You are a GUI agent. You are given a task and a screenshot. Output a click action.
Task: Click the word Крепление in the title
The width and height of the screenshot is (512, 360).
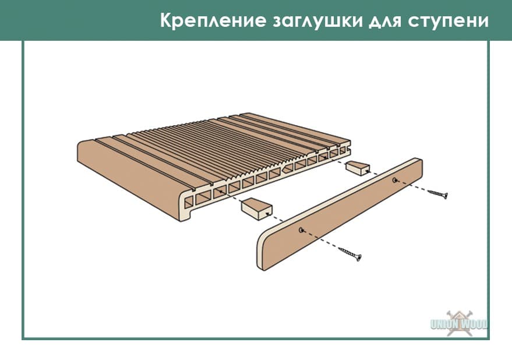pos(213,20)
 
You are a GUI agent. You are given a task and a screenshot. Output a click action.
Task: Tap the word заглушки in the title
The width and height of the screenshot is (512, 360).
pos(317,21)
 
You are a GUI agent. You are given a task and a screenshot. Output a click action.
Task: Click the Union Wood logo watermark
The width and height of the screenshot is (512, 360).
pos(459,323)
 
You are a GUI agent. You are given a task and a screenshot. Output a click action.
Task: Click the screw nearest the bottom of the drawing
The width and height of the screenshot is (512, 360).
pos(349,254)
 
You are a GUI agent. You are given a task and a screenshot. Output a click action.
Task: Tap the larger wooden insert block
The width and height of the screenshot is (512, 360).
pos(256,209)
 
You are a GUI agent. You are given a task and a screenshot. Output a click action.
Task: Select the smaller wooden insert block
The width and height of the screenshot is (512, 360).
pos(358,168)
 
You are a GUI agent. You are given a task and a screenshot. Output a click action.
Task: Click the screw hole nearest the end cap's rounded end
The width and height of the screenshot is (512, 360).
pos(301,230)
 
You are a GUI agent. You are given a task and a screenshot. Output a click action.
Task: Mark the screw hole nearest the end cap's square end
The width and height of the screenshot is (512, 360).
pos(395,179)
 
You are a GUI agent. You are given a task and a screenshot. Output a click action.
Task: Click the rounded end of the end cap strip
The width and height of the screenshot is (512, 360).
pos(261,252)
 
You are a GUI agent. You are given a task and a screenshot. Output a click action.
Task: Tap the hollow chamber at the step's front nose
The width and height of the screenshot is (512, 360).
pos(188,203)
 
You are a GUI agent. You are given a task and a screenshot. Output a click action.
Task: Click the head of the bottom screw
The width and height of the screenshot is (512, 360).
pos(359,258)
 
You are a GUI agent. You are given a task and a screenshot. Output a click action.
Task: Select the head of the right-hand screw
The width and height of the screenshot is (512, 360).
pos(446,196)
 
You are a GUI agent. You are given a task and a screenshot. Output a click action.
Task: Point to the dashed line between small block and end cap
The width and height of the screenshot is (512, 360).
pos(381,174)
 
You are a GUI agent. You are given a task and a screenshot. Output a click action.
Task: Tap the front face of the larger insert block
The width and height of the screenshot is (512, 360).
pos(265,213)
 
